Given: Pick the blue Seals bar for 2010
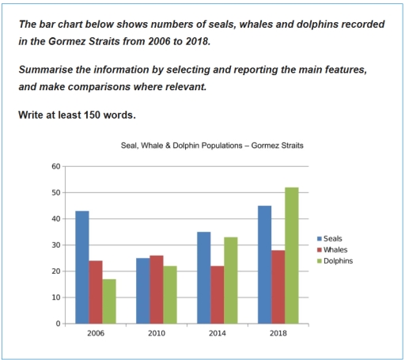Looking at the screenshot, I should [143, 290].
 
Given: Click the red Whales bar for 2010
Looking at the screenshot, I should [156, 290].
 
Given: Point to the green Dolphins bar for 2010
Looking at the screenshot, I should [168, 294].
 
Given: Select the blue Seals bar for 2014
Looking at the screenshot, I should [203, 278].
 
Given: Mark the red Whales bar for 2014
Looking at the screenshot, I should [217, 294].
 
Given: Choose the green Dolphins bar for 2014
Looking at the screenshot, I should [229, 280].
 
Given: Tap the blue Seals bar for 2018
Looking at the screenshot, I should [264, 264].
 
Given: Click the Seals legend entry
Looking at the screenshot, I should [331, 238].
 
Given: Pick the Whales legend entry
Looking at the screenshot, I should [333, 249].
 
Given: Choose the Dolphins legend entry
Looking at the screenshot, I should [335, 260].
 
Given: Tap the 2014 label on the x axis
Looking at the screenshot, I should [217, 335].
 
